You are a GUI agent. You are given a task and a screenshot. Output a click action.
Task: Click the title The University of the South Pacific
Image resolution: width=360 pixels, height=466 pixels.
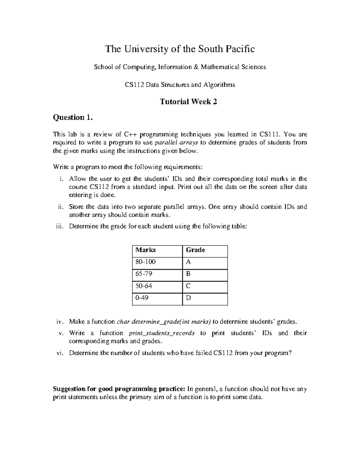[x=180, y=49]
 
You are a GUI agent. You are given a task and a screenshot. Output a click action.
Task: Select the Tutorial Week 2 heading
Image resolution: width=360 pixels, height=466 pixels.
[x=188, y=102]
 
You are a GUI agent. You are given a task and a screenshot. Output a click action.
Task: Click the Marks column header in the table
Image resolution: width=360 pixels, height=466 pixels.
[x=145, y=250]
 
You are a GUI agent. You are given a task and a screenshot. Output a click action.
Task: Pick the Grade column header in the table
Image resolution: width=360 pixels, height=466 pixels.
[x=196, y=250]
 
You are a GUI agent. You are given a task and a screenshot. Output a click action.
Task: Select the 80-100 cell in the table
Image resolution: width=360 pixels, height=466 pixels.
[x=145, y=262]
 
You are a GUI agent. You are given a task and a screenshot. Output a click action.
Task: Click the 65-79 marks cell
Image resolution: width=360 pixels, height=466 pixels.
[x=144, y=274]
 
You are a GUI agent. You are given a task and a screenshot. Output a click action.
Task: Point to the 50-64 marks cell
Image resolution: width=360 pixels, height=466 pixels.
[x=144, y=286]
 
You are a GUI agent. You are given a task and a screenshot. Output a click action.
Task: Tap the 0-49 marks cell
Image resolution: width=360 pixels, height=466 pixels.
[x=142, y=298]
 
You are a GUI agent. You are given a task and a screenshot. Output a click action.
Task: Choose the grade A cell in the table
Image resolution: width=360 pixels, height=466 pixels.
[x=188, y=262]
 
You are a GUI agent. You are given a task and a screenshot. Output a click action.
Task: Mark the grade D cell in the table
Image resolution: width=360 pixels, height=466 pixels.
[x=188, y=298]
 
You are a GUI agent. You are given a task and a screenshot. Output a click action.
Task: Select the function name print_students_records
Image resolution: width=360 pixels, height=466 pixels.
[x=161, y=333]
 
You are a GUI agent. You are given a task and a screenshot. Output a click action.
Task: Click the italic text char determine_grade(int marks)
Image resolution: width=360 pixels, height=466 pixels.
[x=164, y=322]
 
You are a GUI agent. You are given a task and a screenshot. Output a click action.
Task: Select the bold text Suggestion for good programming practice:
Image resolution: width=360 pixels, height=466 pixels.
[x=119, y=389]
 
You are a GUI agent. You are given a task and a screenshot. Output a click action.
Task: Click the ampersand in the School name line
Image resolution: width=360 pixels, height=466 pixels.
[x=196, y=67]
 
